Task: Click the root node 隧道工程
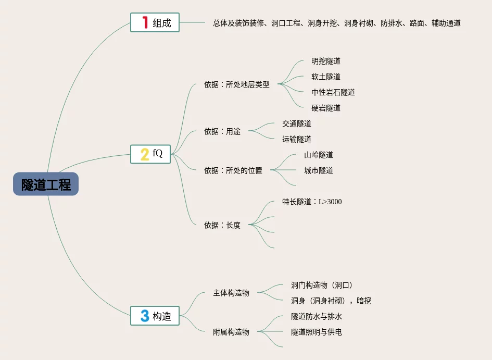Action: [x=46, y=184]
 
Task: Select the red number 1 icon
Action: [x=145, y=22]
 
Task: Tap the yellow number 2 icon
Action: [x=145, y=154]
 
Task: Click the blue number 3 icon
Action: [x=145, y=315]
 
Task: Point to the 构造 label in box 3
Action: [x=162, y=316]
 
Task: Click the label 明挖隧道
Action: [x=326, y=61]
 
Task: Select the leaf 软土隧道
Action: [x=326, y=77]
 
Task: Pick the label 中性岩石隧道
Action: [x=333, y=92]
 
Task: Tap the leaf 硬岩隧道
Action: [x=326, y=108]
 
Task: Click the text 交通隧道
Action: [x=297, y=123]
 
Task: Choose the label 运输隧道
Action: [x=297, y=139]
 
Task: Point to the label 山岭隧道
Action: [x=319, y=155]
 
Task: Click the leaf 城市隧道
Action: [x=319, y=170]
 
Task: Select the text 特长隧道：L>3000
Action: [x=312, y=202]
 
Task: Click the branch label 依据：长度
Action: [x=222, y=225]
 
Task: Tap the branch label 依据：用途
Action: [x=222, y=131]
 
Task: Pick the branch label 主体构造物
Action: [x=231, y=293]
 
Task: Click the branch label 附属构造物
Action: [x=231, y=332]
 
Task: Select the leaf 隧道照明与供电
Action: [x=317, y=332]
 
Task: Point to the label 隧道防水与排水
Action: [x=317, y=316]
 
